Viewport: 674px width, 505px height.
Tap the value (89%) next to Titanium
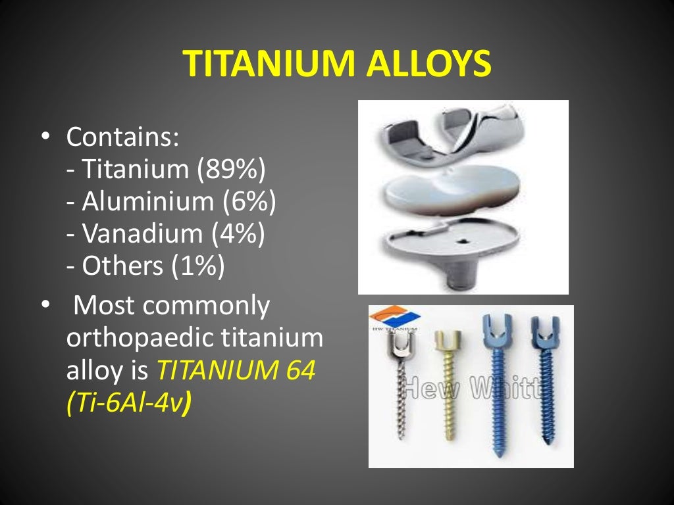[x=230, y=170]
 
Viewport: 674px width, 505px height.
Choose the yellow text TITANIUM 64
[x=236, y=372]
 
